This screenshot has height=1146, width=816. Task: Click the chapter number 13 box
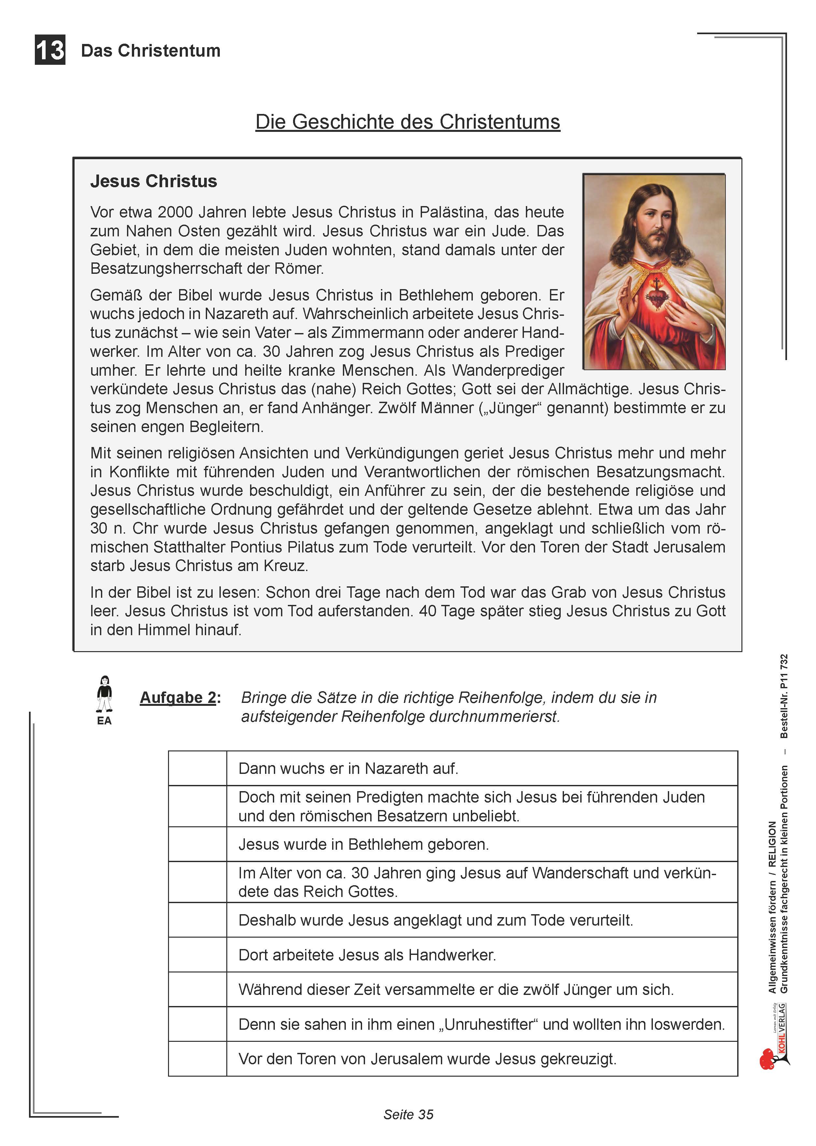50,50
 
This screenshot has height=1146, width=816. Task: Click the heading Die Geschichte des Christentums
407,122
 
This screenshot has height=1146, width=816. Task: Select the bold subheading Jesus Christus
153,181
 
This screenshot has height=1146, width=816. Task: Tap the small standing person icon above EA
105,694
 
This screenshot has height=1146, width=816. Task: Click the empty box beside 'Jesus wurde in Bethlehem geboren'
197,845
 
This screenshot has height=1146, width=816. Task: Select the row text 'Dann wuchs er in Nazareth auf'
348,769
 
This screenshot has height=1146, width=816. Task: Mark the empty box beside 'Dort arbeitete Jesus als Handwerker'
197,955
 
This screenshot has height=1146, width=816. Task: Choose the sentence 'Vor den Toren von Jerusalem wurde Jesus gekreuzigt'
427,1059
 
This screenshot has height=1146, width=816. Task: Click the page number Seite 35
408,1114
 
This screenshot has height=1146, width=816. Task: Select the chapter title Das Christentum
151,51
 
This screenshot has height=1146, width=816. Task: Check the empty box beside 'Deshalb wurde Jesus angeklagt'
197,920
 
